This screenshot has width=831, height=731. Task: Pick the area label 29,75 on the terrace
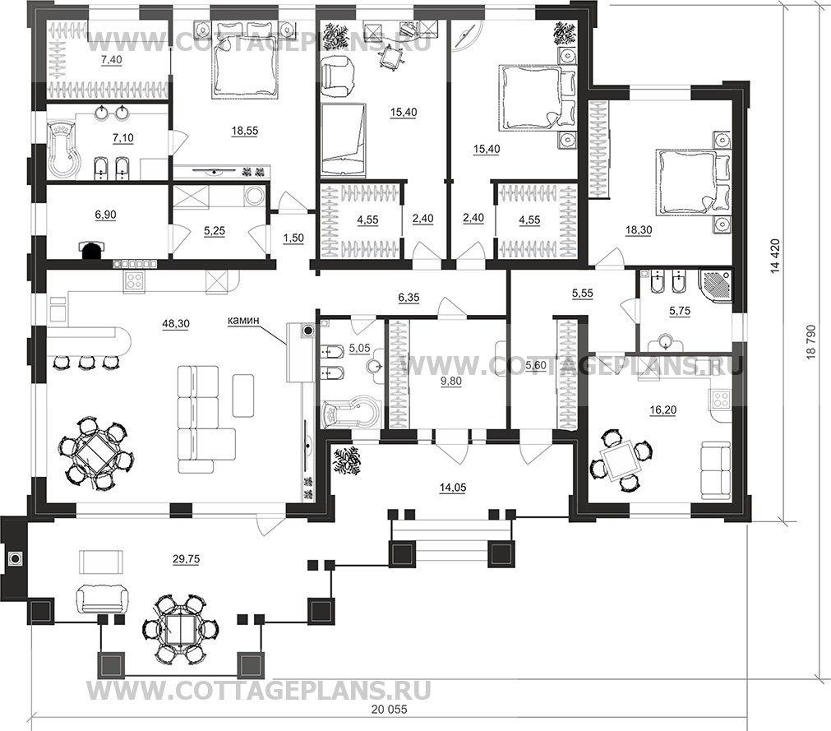pyautogui.click(x=186, y=558)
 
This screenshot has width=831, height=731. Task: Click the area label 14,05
pyautogui.click(x=453, y=487)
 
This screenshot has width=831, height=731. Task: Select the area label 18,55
pyautogui.click(x=244, y=130)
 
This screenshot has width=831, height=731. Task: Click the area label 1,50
pyautogui.click(x=293, y=238)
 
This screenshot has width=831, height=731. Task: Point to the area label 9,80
pyautogui.click(x=451, y=382)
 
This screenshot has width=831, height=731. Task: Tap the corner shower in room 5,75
pyautogui.click(x=715, y=287)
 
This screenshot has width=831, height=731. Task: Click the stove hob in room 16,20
pyautogui.click(x=720, y=399)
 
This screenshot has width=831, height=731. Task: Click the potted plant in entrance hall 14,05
pyautogui.click(x=346, y=459)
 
